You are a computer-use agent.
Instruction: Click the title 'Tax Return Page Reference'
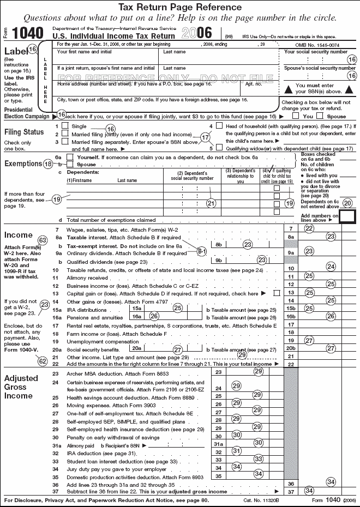pos(180,7)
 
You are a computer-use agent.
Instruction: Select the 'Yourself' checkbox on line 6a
pos(69,156)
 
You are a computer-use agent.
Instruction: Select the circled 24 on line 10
pos(331,267)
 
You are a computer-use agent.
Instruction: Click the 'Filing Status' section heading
pos(24,132)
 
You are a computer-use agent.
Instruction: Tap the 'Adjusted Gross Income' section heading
pos(22,387)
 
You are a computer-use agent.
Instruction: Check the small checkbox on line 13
pos(278,293)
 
